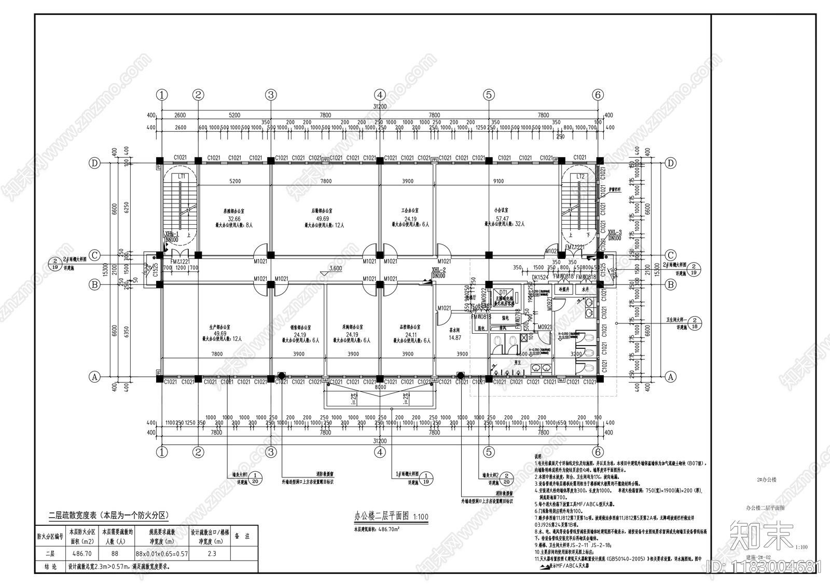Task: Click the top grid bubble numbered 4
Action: [380, 95]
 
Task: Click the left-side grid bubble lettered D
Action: [94, 163]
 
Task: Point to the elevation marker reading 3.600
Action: [336, 269]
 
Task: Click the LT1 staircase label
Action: [182, 176]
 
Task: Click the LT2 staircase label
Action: [580, 176]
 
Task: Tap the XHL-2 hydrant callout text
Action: [438, 270]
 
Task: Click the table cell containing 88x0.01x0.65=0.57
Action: [162, 554]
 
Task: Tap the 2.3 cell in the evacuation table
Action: [212, 554]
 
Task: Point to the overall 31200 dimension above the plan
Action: [380, 106]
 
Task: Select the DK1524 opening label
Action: [540, 278]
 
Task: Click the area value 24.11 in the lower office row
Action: [408, 335]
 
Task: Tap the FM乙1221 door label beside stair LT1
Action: [181, 262]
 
